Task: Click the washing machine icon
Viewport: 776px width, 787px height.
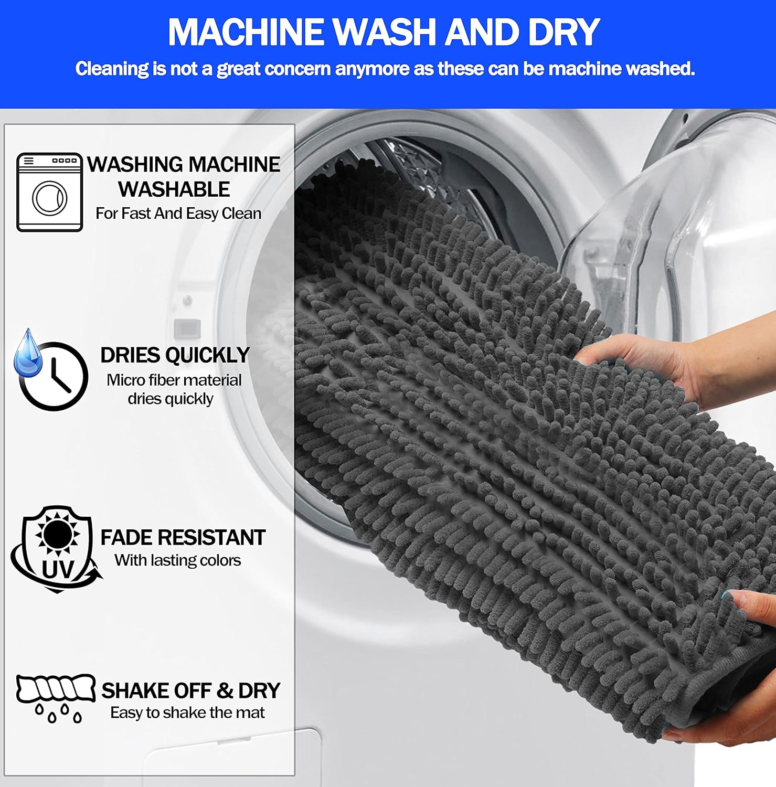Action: [x=50, y=192]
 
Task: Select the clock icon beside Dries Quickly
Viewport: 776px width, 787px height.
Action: [x=54, y=376]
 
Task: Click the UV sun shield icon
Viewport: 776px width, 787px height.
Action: [x=57, y=549]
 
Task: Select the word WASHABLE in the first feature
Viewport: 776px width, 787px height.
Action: [x=174, y=189]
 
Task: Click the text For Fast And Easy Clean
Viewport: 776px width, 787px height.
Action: [x=178, y=214]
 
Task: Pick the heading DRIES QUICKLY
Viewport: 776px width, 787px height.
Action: [x=175, y=355]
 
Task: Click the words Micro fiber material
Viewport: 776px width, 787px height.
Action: [x=174, y=380]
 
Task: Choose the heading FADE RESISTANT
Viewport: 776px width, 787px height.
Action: [x=183, y=537]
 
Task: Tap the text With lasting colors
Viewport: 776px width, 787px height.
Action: [x=178, y=560]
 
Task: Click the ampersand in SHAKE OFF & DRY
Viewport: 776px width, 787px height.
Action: [x=225, y=690]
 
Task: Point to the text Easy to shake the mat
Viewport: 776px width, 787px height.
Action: [x=187, y=712]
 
